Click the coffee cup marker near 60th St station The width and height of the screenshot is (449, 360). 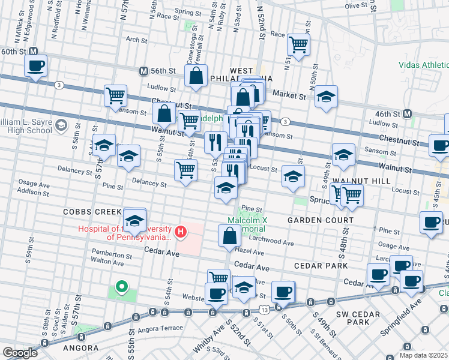click(x=35, y=66)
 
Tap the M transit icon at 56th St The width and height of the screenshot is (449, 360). click(x=143, y=71)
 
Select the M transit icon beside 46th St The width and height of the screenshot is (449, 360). click(x=408, y=113)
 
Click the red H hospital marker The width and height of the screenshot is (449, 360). click(x=179, y=231)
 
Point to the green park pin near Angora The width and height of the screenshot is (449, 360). click(x=121, y=287)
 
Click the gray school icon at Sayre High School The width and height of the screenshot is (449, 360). click(x=60, y=125)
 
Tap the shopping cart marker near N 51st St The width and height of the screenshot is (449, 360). click(x=298, y=44)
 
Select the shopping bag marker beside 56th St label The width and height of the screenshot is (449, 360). click(x=196, y=76)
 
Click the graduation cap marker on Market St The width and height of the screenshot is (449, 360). click(x=326, y=97)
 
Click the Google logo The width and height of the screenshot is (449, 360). click(x=19, y=353)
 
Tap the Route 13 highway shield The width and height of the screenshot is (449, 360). click(x=264, y=308)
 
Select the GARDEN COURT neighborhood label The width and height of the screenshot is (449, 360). click(x=315, y=220)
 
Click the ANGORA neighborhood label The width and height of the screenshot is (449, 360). click(x=80, y=348)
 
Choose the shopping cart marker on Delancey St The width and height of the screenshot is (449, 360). click(x=186, y=170)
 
